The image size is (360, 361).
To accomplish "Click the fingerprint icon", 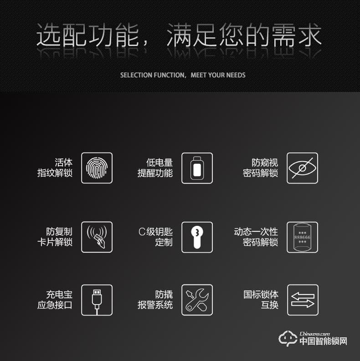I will click(x=97, y=168).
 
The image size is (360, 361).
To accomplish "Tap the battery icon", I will click(x=197, y=168).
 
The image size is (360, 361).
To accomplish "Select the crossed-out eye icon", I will click(x=302, y=168).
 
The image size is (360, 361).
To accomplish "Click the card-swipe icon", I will click(x=97, y=237).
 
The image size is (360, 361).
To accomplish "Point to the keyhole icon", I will click(x=197, y=237).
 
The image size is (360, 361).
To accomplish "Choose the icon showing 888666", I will click(x=302, y=237).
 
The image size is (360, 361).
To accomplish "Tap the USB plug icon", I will click(x=97, y=300).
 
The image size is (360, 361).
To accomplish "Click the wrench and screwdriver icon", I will click(x=197, y=300).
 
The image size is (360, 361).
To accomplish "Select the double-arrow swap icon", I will click(x=302, y=300).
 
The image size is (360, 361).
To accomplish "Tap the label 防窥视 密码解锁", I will click(x=260, y=168).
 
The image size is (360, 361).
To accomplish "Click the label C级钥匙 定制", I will click(x=155, y=237).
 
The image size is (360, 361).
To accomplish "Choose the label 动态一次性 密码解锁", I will click(x=256, y=237).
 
